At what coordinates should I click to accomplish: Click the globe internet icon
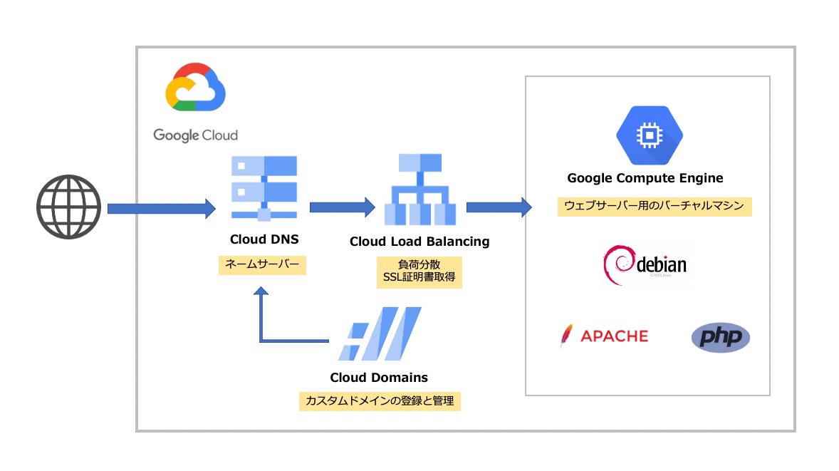click(68, 207)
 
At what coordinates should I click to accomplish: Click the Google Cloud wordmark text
click(195, 135)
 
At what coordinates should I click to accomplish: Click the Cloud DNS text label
click(264, 240)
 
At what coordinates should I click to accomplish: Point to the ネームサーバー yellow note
click(262, 265)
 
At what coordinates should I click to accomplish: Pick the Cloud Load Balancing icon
click(419, 190)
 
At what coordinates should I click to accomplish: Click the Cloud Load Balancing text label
click(419, 242)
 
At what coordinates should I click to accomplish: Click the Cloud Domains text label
click(379, 378)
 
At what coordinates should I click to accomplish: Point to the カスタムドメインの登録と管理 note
click(379, 400)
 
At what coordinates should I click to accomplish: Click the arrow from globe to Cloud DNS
click(161, 208)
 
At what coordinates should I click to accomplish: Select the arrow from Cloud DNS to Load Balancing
click(342, 207)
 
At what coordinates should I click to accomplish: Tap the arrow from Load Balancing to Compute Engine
click(499, 207)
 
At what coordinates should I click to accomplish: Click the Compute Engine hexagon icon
click(649, 135)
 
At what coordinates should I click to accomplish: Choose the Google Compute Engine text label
click(645, 178)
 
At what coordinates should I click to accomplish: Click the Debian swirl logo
click(617, 265)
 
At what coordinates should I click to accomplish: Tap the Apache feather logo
click(567, 336)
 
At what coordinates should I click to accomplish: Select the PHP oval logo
click(720, 337)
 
